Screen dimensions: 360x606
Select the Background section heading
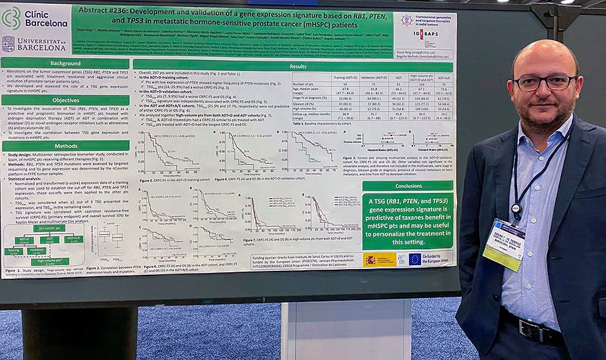pos(65,63)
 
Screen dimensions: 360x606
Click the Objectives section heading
pos(65,100)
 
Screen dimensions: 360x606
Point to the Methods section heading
pos(65,146)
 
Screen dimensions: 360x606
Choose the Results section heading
pos(297,66)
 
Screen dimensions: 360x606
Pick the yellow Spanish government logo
pos(379,259)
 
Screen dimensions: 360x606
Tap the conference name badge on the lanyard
pos(505,243)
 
